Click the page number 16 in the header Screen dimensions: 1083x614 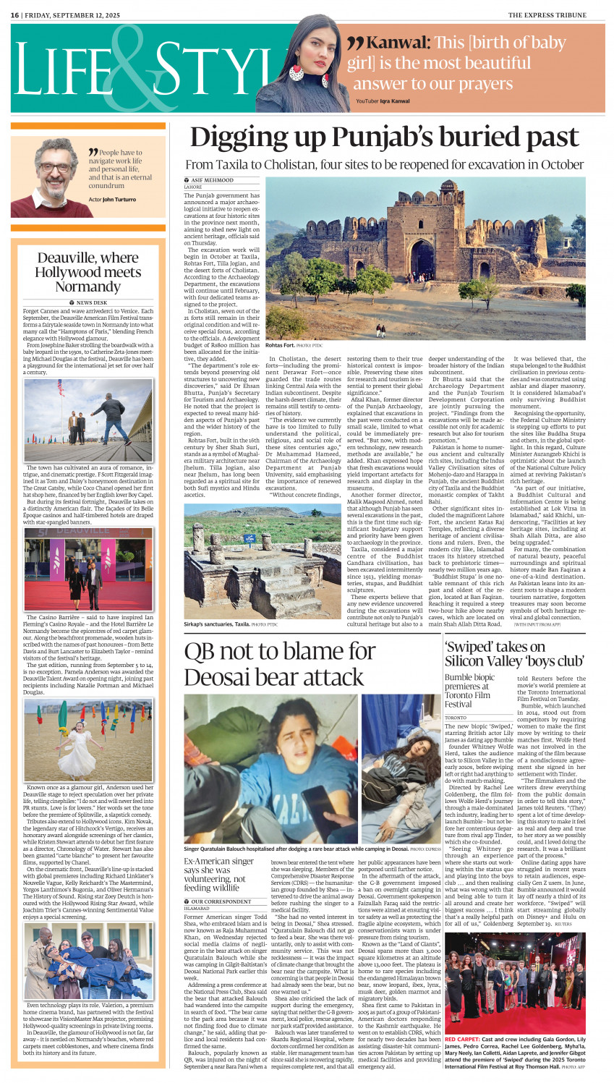(x=15, y=14)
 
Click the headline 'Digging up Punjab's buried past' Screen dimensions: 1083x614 (x=384, y=137)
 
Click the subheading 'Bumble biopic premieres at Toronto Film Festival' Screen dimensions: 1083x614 (x=470, y=691)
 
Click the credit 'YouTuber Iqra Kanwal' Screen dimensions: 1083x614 (x=382, y=101)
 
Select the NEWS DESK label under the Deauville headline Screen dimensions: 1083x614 (x=88, y=302)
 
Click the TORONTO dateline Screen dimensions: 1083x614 (x=456, y=718)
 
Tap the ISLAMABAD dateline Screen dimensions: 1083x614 (x=197, y=908)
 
